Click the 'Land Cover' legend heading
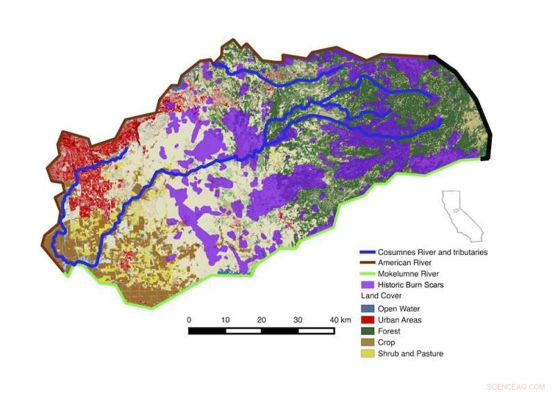click(379, 296)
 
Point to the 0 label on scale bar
click(189, 319)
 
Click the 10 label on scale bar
click(225, 319)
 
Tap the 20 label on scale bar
click(262, 319)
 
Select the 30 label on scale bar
click(298, 319)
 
